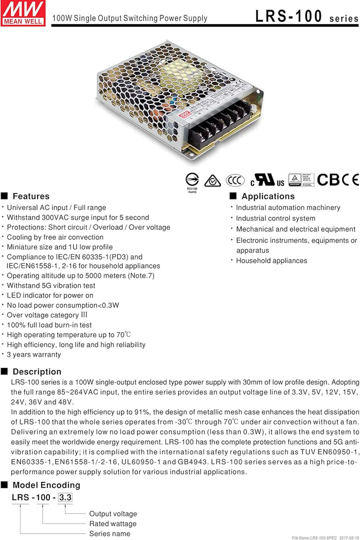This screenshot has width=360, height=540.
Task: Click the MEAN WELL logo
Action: click(x=23, y=13)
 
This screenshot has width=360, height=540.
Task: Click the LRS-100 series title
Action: click(x=307, y=16)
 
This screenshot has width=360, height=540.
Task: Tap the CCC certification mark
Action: click(x=235, y=180)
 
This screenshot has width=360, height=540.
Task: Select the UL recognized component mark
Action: click(x=267, y=180)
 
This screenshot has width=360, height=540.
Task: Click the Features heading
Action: click(x=31, y=196)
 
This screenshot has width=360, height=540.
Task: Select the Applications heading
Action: click(x=268, y=196)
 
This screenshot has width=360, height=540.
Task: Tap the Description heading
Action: click(x=37, y=371)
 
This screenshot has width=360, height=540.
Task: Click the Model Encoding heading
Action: click(x=46, y=485)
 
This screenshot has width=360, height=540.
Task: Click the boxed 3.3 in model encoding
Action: click(x=65, y=497)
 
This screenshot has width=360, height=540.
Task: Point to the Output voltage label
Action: click(x=113, y=514)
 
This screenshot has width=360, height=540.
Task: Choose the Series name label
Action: click(x=109, y=533)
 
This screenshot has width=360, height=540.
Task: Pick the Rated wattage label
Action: click(x=112, y=524)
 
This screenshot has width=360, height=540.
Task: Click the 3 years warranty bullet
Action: click(x=34, y=354)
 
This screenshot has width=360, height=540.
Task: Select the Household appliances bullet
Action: click(x=271, y=260)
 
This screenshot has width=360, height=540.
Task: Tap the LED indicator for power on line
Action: click(x=50, y=295)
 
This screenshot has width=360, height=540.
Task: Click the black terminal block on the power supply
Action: click(x=220, y=122)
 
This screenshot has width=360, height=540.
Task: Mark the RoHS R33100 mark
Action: click(x=192, y=183)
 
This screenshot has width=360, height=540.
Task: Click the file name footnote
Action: click(x=325, y=537)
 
